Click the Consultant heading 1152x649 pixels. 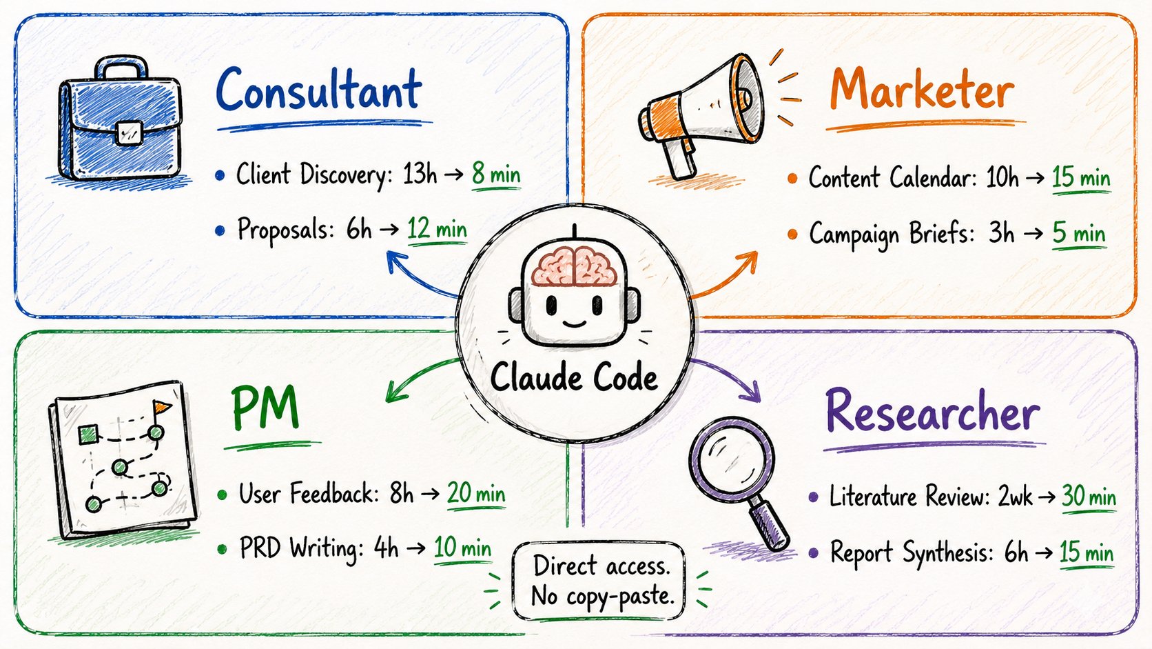[x=319, y=90]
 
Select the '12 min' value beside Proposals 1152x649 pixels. [x=437, y=228]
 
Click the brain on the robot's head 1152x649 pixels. [x=574, y=266]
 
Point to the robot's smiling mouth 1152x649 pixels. [x=575, y=324]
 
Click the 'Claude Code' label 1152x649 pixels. [x=574, y=378]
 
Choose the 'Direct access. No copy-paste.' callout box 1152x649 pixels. [x=599, y=581]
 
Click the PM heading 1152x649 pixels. [x=265, y=408]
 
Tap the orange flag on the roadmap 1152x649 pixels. [x=161, y=408]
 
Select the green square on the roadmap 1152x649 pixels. [x=88, y=435]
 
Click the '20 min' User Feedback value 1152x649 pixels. [x=476, y=494]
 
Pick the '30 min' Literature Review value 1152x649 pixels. [x=1089, y=497]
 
